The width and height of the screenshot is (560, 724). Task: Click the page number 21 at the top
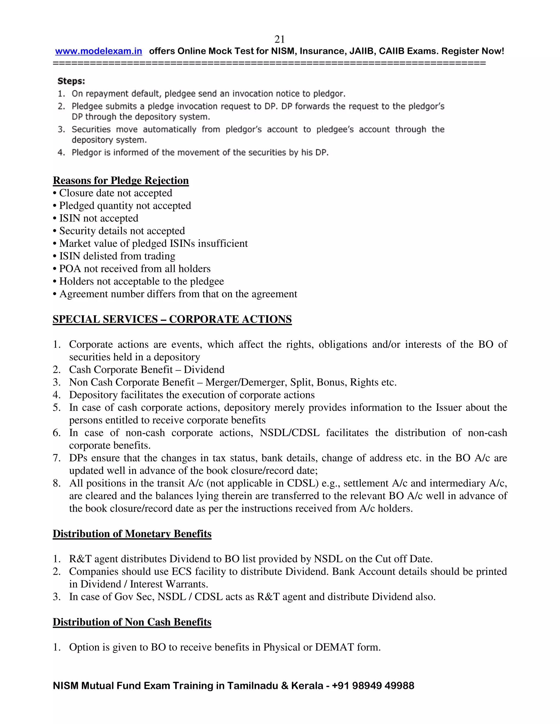pos(280,39)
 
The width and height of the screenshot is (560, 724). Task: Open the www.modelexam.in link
pos(98,51)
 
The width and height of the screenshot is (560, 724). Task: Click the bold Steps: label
pos(71,81)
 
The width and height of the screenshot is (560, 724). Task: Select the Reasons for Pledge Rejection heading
pos(121,180)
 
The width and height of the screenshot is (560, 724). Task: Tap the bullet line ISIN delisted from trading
pos(117,256)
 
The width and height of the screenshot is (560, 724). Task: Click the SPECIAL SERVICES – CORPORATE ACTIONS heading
pos(172,319)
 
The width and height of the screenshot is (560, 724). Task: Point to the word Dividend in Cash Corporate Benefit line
pos(204,370)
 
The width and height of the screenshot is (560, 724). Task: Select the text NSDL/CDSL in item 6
pos(289,432)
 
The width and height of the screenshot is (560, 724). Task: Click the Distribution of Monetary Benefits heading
pos(132,534)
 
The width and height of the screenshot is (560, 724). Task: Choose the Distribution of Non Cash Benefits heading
pos(132,622)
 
